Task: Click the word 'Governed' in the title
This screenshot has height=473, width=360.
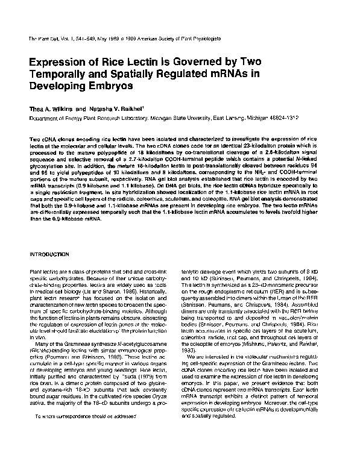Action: click(x=204, y=62)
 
